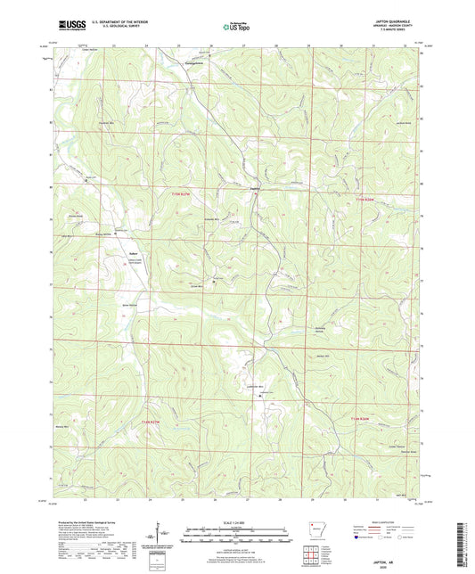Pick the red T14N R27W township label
(184, 421)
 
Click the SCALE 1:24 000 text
(236, 522)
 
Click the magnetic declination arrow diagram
(162, 534)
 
